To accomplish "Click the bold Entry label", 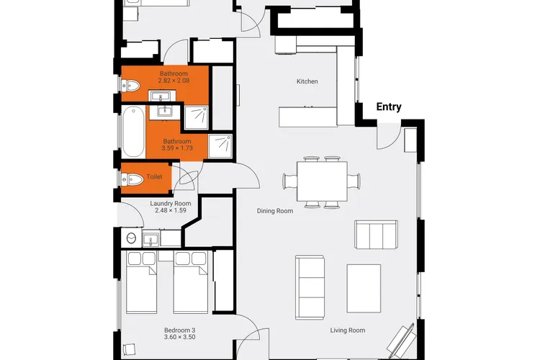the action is pos(389,107).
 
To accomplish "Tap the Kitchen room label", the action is pos(307,81).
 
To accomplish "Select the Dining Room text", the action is pos(275,211).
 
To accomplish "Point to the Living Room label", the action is pos(348,330).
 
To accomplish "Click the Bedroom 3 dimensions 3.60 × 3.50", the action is pos(180,337).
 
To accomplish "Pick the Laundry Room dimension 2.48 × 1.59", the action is pos(171,210).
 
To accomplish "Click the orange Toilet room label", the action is pos(154,176).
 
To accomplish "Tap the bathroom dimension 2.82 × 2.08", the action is pos(174,81).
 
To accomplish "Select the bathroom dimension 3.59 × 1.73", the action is pos(177,148).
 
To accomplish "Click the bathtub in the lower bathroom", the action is pos(133,132).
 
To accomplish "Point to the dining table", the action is pos(322,181).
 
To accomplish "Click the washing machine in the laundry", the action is pos(131,238).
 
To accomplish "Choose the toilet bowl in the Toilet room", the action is pos(133,179).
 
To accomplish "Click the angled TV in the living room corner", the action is pos(402,341).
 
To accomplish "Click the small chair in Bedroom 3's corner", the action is pos(129,350).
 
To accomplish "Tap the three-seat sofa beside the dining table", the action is pos(376,234).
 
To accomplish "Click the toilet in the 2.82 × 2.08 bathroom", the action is pos(130,86).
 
